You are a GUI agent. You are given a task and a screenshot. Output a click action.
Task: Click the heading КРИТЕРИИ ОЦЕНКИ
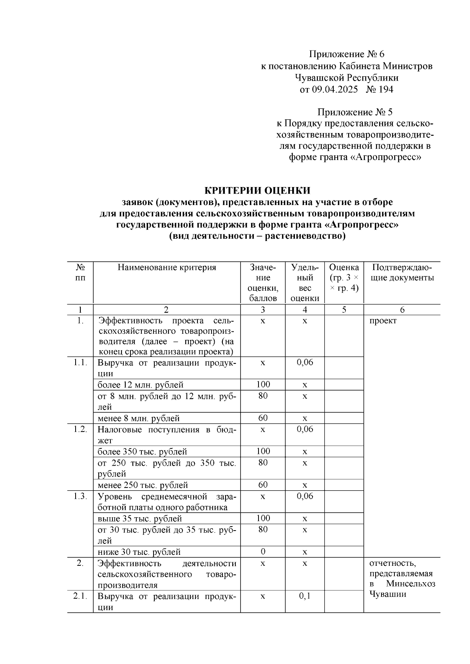(x=257, y=191)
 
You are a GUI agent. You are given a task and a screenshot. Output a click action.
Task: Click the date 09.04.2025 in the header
(x=335, y=90)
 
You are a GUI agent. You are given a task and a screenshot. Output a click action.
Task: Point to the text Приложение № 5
(x=355, y=112)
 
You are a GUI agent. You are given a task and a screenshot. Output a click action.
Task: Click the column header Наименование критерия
(x=167, y=268)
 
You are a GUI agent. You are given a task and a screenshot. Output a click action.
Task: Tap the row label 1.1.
(x=80, y=362)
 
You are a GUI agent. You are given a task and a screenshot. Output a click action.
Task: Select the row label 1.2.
(x=80, y=429)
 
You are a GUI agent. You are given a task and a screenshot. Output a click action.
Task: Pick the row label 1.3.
(x=80, y=496)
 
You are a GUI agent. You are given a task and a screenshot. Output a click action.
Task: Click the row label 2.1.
(x=80, y=597)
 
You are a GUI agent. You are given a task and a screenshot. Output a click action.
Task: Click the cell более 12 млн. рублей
(x=141, y=385)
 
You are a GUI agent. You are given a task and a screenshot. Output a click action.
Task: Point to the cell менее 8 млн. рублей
(x=139, y=418)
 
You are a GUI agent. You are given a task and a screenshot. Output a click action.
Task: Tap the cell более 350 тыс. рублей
(x=142, y=452)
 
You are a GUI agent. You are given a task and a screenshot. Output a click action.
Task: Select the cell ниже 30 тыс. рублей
(x=139, y=552)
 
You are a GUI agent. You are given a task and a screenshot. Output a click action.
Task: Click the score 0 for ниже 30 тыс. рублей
(x=263, y=552)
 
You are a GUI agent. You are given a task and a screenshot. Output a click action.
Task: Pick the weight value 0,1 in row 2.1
(x=305, y=596)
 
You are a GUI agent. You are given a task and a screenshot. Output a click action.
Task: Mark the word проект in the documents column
(x=383, y=321)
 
